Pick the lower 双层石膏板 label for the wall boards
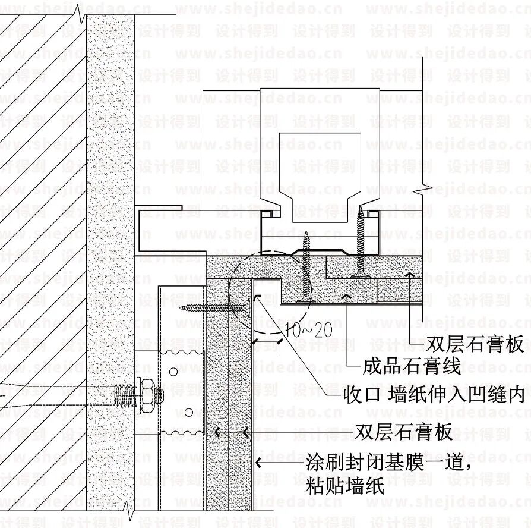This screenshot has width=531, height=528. [404, 432]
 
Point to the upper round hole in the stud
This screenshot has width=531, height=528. [172, 372]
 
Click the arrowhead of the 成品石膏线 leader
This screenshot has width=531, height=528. [347, 295]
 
